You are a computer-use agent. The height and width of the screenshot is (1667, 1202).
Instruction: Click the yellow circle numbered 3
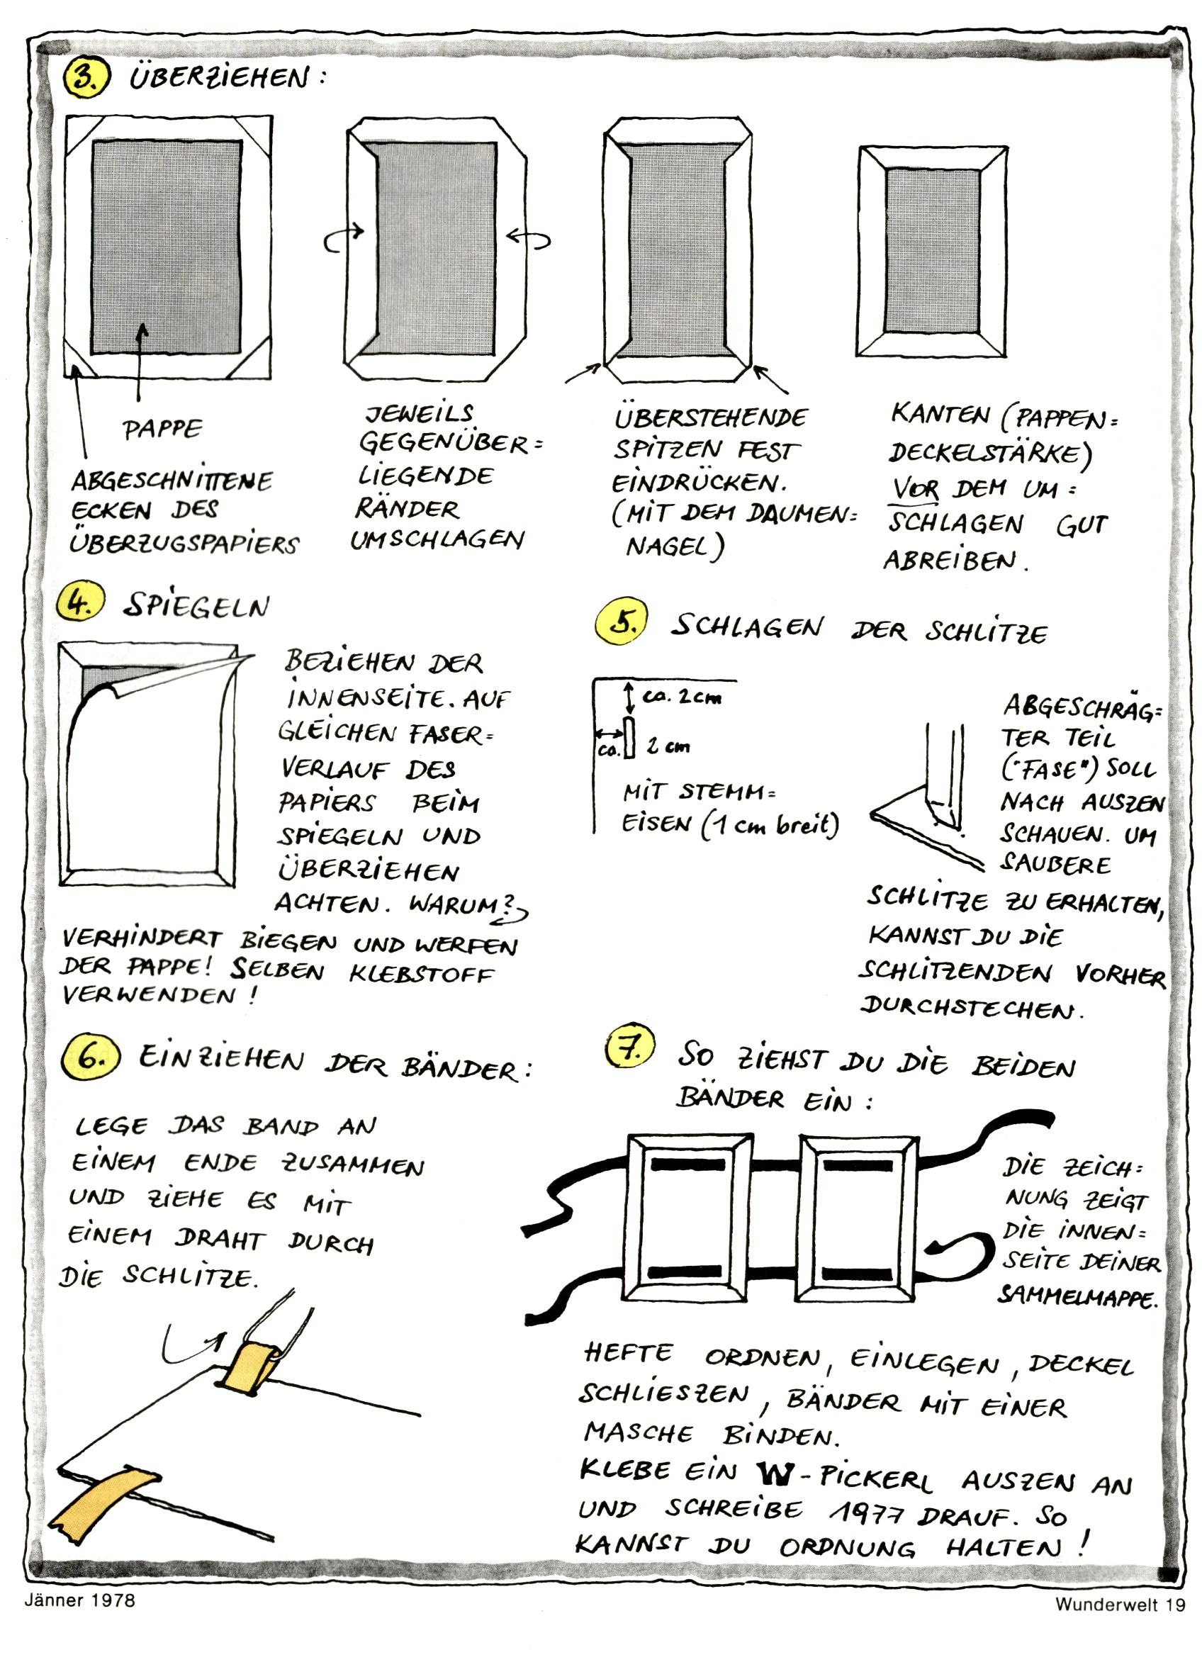86,77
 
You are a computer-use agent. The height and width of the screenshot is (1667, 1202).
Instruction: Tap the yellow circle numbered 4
80,604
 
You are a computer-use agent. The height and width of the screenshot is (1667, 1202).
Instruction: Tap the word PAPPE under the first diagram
162,429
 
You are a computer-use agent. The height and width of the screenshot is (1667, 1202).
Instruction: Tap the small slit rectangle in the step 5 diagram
629,738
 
